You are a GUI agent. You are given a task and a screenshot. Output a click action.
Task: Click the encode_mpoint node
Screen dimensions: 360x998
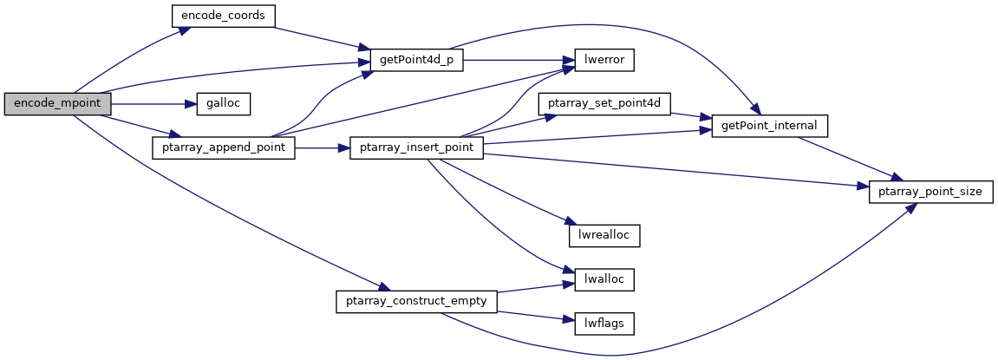click(x=57, y=103)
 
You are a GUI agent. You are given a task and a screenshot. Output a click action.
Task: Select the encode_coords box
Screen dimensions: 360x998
click(x=223, y=16)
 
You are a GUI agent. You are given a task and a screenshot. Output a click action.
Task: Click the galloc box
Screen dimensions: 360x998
click(x=223, y=103)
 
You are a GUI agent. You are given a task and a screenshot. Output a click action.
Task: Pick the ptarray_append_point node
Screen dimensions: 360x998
click(x=224, y=147)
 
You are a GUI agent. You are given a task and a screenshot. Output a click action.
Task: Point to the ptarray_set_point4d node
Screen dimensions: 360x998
click(x=605, y=103)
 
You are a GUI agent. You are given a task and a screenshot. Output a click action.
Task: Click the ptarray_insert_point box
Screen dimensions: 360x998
click(x=415, y=147)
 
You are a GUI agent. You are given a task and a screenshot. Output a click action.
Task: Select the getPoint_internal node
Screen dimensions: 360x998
click(x=769, y=126)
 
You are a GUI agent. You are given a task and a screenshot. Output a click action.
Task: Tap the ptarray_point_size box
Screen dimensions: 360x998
click(x=930, y=192)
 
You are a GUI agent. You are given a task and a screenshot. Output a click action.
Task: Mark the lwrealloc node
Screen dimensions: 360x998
click(x=604, y=235)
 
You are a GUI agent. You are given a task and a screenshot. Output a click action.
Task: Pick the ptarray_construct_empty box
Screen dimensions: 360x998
click(x=416, y=301)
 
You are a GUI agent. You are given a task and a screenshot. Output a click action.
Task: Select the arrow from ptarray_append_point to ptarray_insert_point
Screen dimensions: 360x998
click(x=322, y=147)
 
